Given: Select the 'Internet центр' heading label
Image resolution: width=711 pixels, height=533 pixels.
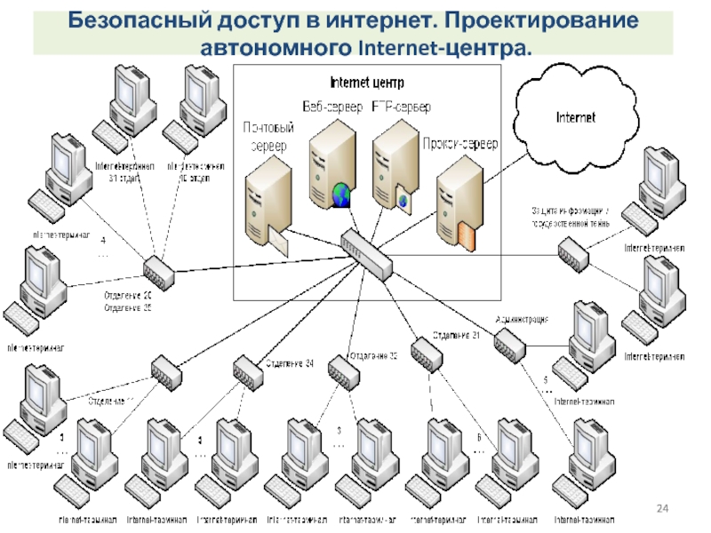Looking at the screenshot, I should coord(366,83).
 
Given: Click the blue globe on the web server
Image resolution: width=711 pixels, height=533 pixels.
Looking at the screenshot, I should coord(341,194).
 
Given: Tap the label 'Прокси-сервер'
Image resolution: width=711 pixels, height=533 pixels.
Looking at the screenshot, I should coord(460,143).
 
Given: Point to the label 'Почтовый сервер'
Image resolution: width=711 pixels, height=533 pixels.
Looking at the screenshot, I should coord(266,137).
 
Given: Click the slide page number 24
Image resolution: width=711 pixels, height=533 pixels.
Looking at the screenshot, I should coord(661,507).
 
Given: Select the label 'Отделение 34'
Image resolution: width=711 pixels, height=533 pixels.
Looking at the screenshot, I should coord(289,363).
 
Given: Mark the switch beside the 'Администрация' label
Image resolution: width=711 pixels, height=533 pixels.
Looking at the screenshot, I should coord(510,345).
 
